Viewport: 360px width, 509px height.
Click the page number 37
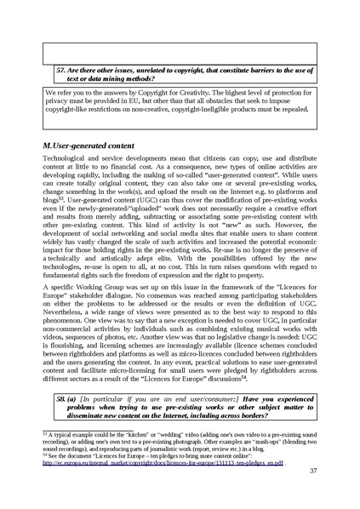311,471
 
